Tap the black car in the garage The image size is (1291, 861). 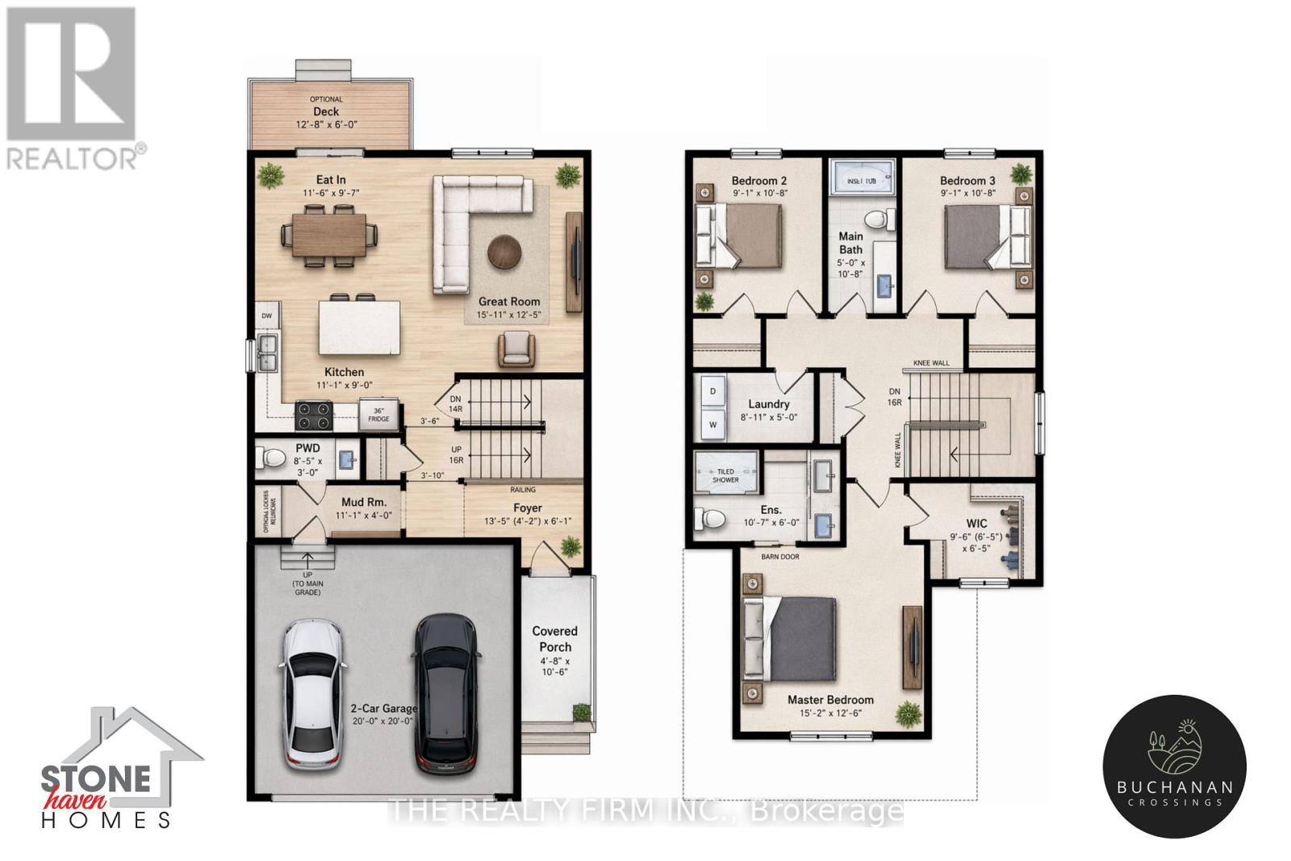click(444, 692)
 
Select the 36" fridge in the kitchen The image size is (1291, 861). click(378, 413)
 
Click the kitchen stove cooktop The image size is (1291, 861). click(315, 416)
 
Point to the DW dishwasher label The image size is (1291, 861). click(266, 316)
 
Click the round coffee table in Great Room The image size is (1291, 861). click(504, 250)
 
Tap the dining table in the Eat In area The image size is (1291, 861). click(329, 236)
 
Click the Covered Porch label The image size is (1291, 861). click(554, 639)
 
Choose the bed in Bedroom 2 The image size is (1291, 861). click(746, 235)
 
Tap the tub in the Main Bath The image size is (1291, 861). click(861, 182)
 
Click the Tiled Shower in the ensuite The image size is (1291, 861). click(725, 474)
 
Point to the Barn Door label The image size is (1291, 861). click(779, 557)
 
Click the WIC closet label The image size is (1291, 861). click(976, 523)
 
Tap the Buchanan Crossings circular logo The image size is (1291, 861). click(1174, 765)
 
